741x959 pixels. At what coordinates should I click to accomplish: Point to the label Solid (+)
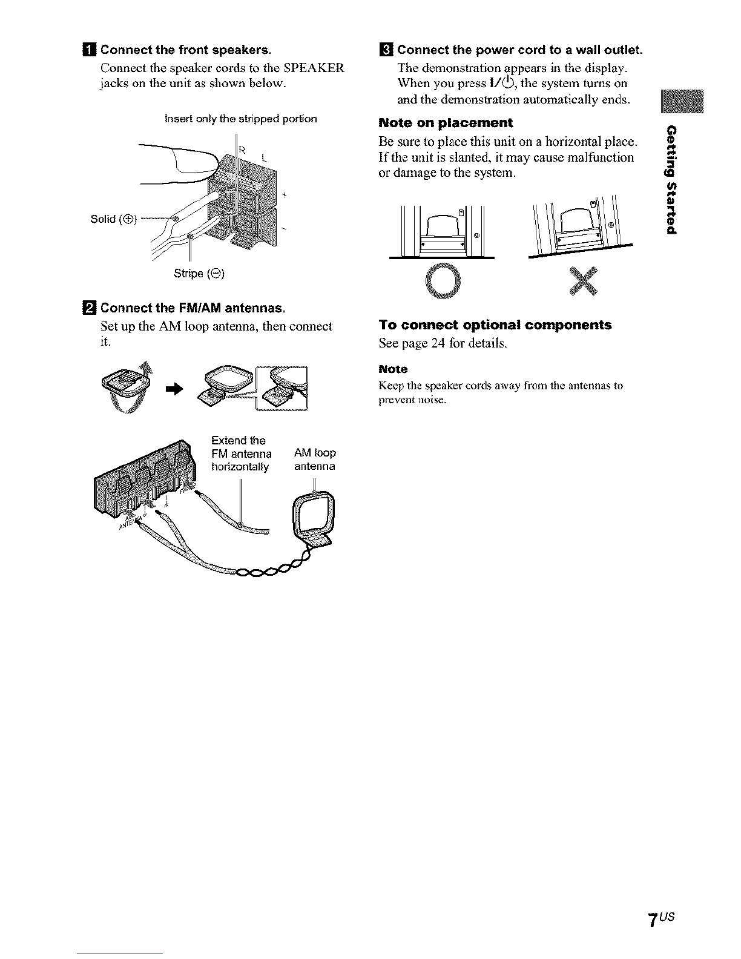tap(113, 219)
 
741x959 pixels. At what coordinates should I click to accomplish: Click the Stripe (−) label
tap(199, 274)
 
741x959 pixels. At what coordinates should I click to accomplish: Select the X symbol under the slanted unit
tap(583, 281)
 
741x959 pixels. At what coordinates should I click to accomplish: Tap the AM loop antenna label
tap(315, 460)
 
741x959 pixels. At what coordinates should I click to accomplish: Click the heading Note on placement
tap(446, 123)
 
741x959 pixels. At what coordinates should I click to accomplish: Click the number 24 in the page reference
tap(438, 343)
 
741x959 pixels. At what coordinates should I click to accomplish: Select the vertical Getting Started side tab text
tap(671, 180)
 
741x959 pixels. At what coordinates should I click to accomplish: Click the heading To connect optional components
tap(495, 325)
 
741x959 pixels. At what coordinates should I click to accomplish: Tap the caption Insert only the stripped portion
tap(240, 119)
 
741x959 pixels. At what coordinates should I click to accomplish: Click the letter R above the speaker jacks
tap(242, 150)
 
